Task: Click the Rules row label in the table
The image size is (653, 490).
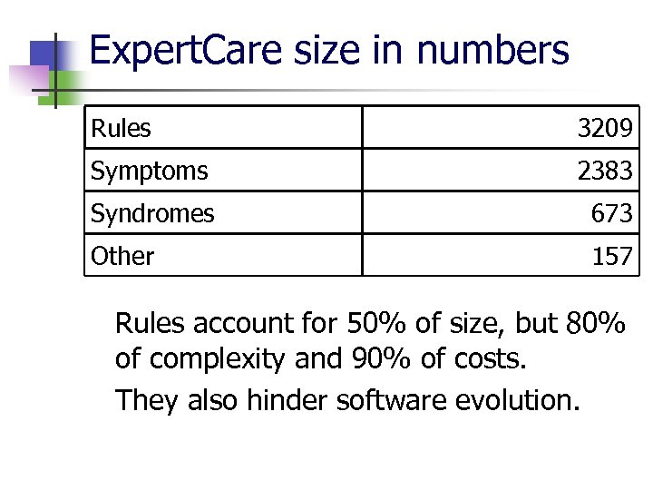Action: click(x=121, y=129)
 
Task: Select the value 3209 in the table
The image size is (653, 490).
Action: click(x=605, y=129)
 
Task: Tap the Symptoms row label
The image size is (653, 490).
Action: click(x=149, y=171)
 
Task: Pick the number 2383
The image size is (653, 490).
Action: click(x=605, y=171)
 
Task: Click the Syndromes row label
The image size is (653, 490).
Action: click(x=152, y=214)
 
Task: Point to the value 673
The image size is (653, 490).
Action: click(x=611, y=214)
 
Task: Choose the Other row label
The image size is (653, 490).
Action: click(x=122, y=257)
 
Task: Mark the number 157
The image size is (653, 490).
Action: click(x=611, y=257)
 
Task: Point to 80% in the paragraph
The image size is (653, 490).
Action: click(x=595, y=323)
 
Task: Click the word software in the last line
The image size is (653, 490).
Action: click(x=389, y=397)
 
